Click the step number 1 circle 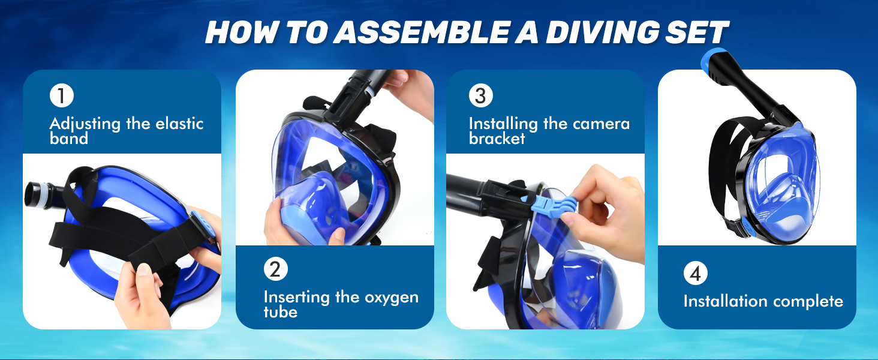click(62, 95)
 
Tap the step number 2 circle click(275, 269)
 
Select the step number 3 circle click(480, 95)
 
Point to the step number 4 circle click(695, 273)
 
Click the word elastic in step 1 click(179, 124)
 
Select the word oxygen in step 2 click(392, 298)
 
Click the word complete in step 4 click(808, 302)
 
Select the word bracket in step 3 click(497, 139)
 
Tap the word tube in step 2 click(280, 312)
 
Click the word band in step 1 click(68, 139)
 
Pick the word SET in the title click(696, 32)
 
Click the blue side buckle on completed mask click(745, 227)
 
